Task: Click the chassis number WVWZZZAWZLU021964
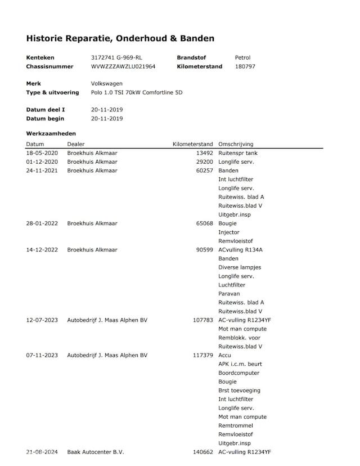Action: coord(123,66)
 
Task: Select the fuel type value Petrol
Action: coord(242,57)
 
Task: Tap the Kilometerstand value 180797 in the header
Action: coord(245,66)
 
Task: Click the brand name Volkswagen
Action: coord(107,83)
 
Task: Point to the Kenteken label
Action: coord(40,57)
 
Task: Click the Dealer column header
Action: coord(76,144)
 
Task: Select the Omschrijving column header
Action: coord(236,144)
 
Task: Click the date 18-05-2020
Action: coord(42,153)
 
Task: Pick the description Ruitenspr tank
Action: coord(238,153)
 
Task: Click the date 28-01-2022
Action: coord(42,223)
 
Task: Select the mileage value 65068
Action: coord(203,223)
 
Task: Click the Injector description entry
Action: coord(229,232)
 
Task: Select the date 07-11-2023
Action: coord(42,355)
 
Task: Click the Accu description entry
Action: coord(225,355)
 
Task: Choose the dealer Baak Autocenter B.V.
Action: coord(96,452)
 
